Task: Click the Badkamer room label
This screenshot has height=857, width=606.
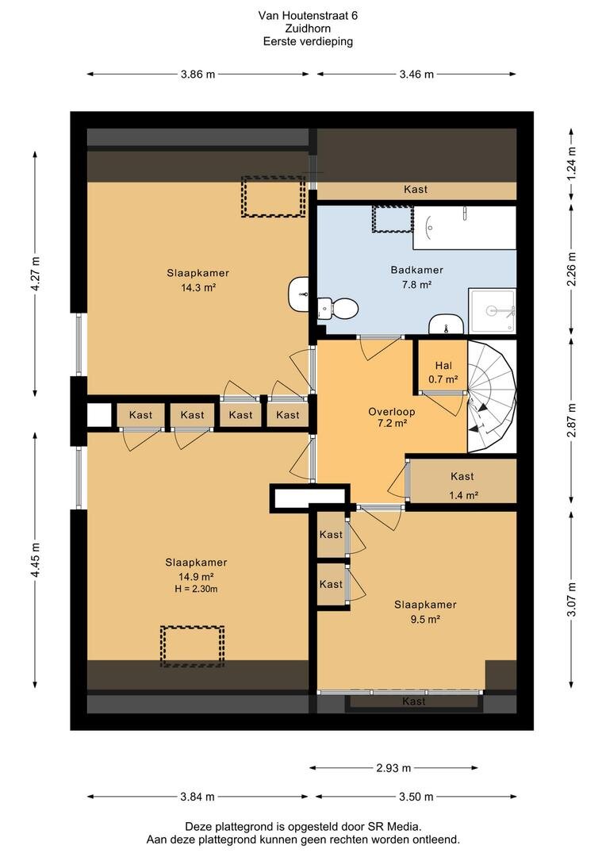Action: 416,270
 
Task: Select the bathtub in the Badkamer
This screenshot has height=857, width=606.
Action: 465,228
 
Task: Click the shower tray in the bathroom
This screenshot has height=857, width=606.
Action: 493,310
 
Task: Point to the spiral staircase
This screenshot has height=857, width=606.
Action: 491,396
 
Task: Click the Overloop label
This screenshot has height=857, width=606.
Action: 391,412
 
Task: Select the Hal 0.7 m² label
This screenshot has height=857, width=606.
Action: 443,372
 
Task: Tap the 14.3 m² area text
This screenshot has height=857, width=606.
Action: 198,287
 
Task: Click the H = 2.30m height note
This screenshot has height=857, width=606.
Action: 196,589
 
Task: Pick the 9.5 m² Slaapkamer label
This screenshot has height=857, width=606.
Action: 425,612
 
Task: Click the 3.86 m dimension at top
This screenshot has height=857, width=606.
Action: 198,75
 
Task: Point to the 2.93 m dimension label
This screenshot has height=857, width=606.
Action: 393,768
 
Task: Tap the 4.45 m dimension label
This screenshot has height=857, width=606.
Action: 36,560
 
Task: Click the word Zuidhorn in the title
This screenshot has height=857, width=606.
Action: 308,29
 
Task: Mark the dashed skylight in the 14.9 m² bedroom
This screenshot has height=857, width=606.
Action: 192,646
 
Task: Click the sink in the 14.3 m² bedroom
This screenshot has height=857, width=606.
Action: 298,294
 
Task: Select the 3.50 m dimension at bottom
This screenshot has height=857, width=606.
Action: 416,797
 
